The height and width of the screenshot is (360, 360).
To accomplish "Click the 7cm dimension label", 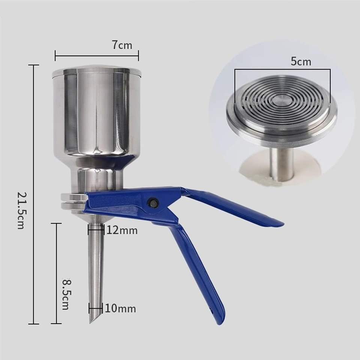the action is [122, 45].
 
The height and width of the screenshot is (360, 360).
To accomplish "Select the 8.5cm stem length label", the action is [67, 294].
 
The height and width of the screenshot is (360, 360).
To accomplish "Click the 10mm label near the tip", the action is [120, 308].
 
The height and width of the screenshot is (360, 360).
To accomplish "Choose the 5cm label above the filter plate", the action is [301, 61].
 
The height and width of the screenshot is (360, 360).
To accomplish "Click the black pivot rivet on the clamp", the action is [153, 203].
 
